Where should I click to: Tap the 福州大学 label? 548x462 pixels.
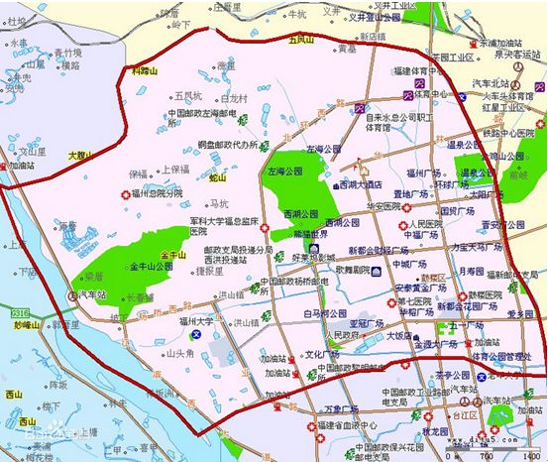click(x=197, y=322)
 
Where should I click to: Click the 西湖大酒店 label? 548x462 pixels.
click(x=361, y=184)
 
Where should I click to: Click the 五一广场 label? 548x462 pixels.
click(x=464, y=325)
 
